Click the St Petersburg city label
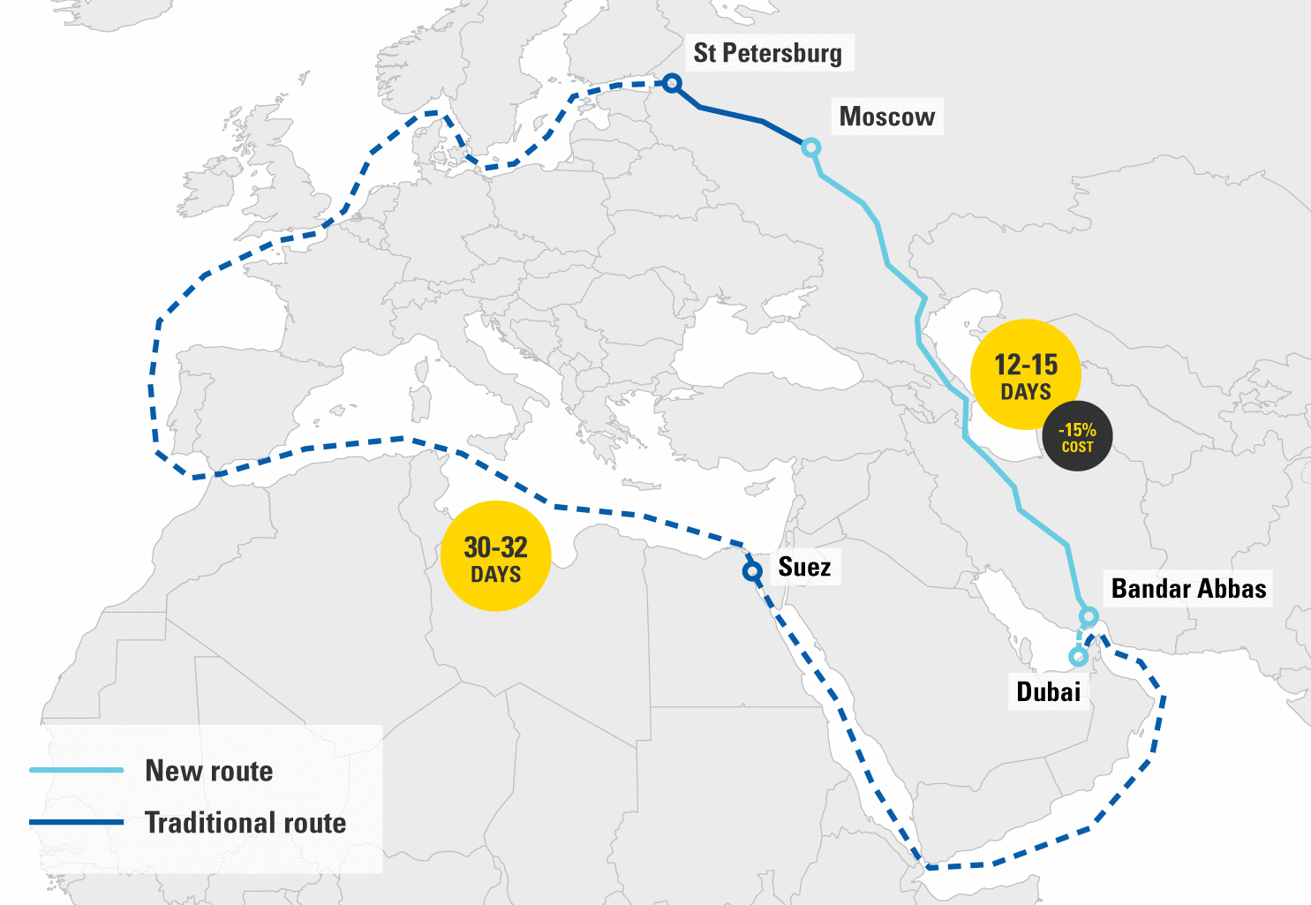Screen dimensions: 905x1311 [767, 53]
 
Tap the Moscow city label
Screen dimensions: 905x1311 [886, 117]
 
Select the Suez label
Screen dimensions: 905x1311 [803, 567]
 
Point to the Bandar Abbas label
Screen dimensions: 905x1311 [1188, 589]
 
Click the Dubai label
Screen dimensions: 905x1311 [1048, 691]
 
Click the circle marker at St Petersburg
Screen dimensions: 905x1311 [672, 83]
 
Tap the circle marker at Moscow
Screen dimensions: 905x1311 [810, 147]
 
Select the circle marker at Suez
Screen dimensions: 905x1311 [752, 572]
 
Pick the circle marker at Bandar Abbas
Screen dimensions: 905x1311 [1089, 616]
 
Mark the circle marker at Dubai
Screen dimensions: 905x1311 [1077, 657]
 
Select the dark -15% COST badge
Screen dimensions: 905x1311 [1077, 436]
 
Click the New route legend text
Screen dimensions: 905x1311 [209, 771]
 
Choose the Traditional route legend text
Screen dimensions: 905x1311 [245, 823]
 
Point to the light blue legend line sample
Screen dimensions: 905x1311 [76, 770]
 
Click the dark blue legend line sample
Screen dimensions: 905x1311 [76, 822]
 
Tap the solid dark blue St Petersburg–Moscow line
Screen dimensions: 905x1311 [733, 114]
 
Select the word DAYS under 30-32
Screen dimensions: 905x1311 [495, 575]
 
